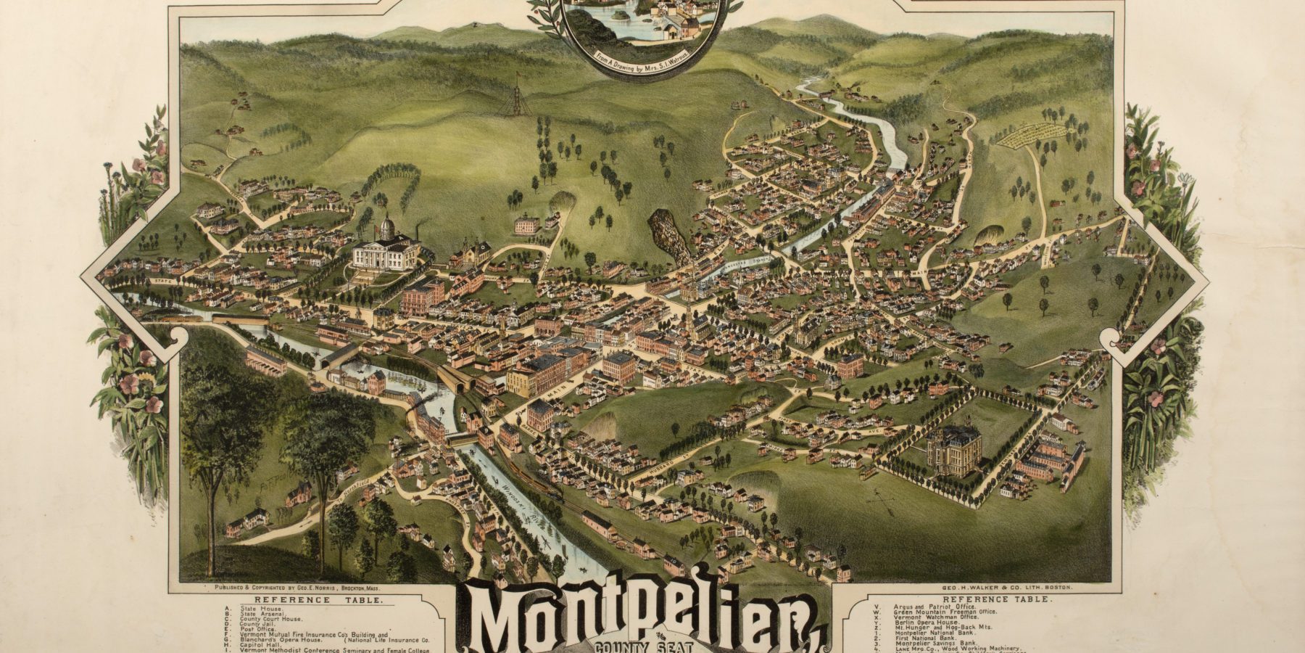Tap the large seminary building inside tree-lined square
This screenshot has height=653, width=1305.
pyautogui.click(x=954, y=450)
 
